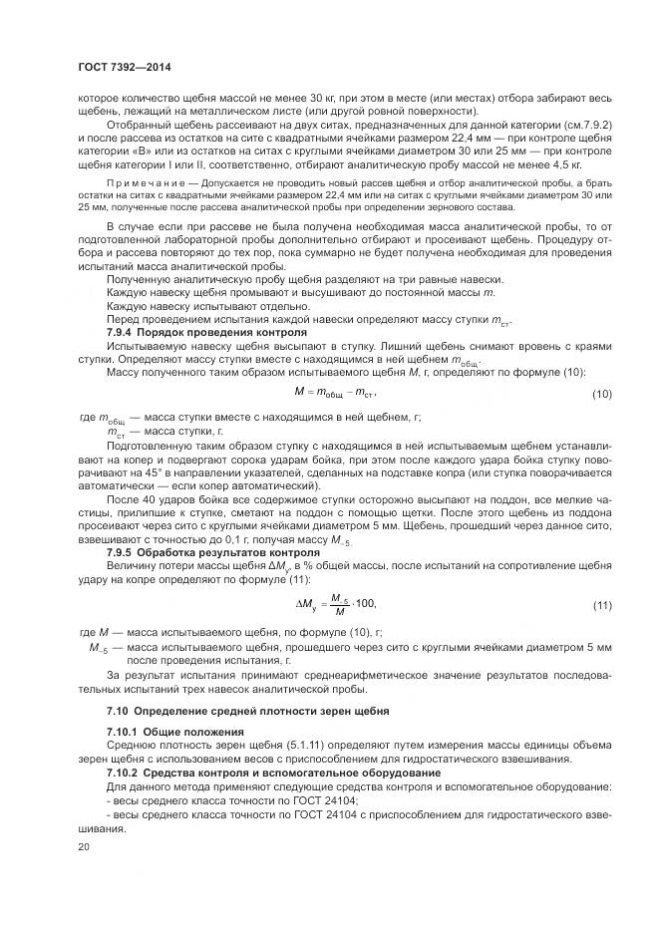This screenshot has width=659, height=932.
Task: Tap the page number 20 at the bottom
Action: click(83, 845)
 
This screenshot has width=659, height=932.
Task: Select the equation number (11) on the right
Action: click(601, 605)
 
